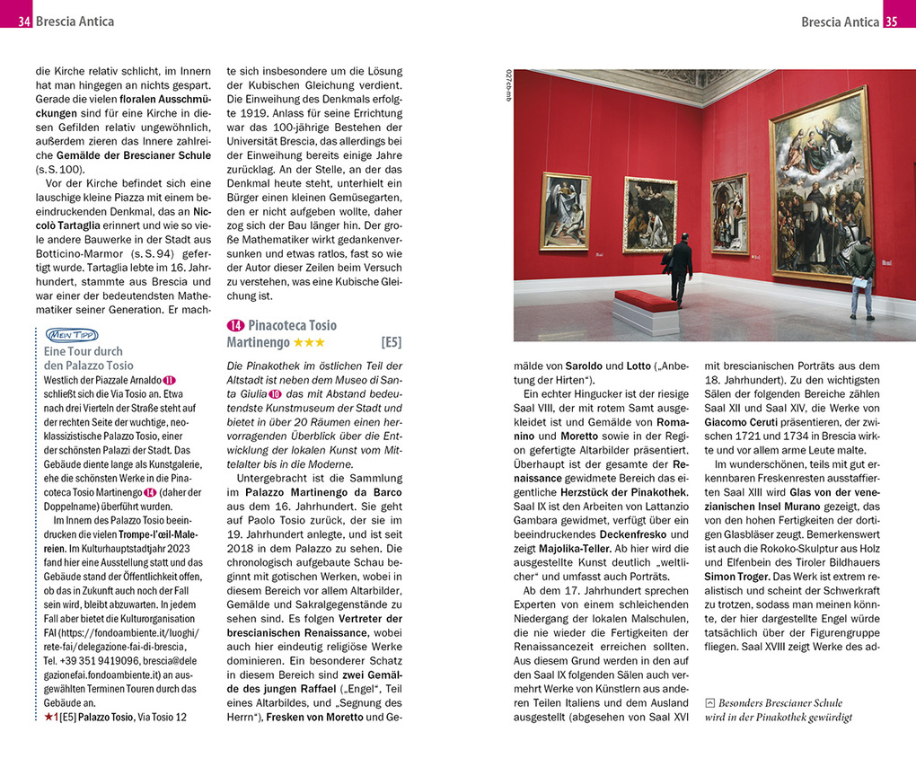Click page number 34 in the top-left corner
[23, 21]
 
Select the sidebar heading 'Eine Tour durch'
[83, 351]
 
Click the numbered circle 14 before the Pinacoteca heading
[235, 325]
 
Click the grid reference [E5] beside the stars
[391, 342]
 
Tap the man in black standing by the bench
[680, 267]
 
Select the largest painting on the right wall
[820, 184]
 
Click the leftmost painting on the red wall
[565, 211]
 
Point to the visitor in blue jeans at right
[862, 277]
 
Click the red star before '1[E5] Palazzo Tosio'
[48, 717]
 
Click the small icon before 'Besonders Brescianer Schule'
[710, 702]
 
